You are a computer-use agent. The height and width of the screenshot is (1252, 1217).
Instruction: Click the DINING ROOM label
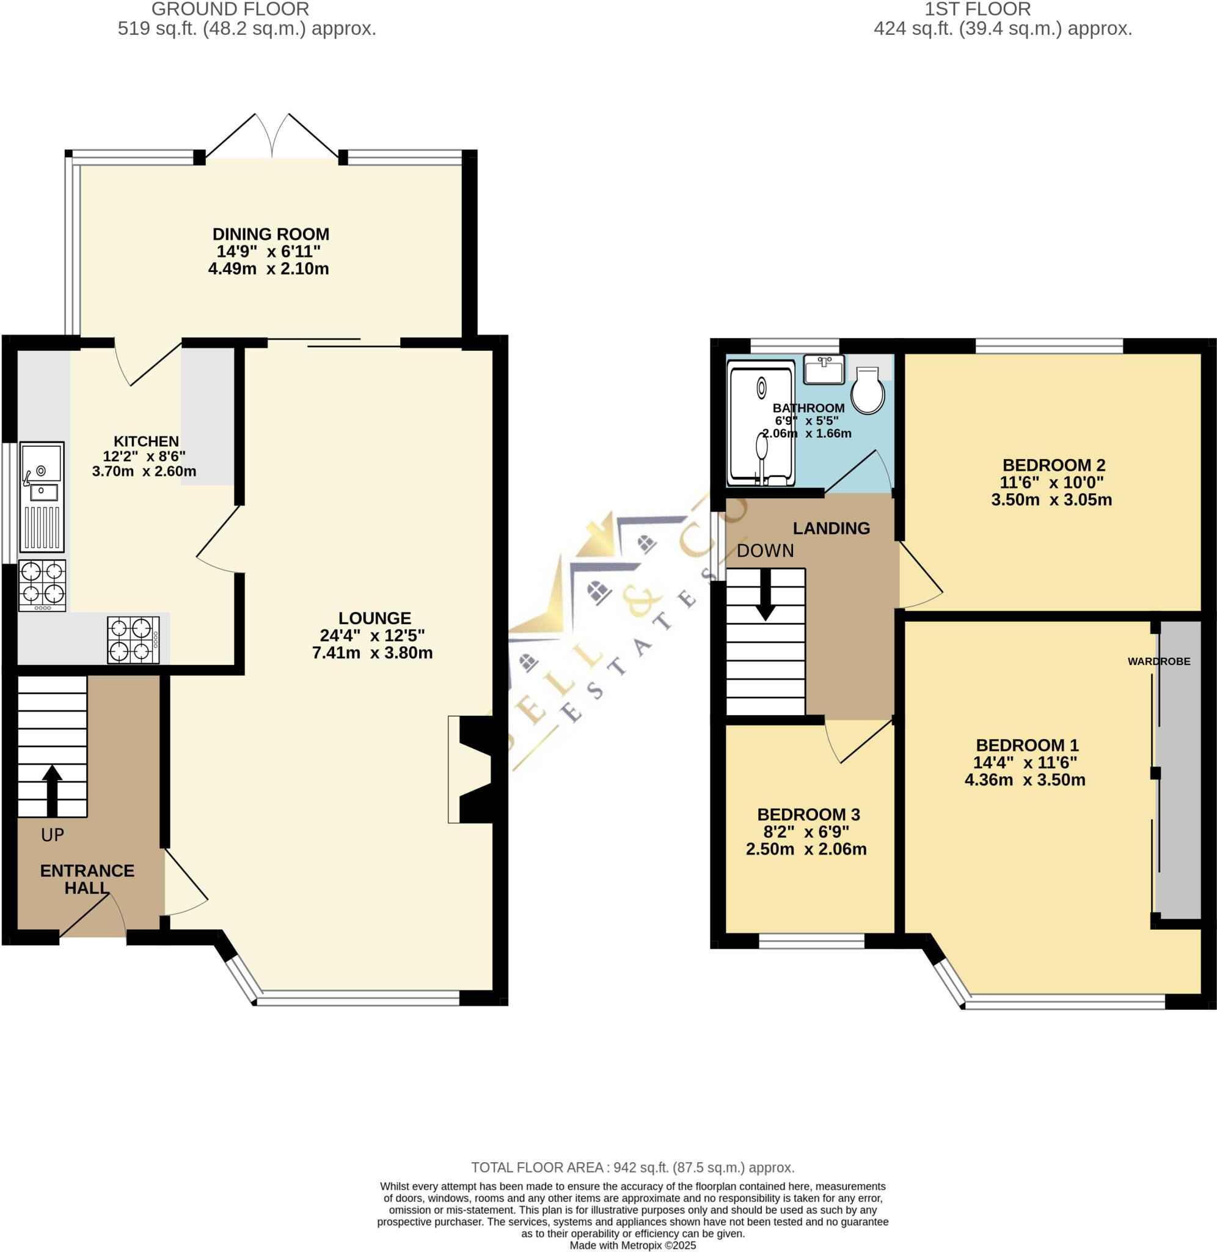[271, 234]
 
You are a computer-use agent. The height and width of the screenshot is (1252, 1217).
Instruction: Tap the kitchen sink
[42, 496]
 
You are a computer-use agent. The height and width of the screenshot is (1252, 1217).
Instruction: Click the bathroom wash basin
[824, 370]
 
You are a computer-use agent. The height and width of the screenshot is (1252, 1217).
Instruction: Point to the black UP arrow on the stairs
[53, 790]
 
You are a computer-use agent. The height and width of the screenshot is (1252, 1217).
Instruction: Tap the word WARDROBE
[1158, 661]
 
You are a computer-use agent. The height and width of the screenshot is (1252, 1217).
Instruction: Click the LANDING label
[831, 528]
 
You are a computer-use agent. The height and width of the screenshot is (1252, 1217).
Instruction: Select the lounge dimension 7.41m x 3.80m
[372, 653]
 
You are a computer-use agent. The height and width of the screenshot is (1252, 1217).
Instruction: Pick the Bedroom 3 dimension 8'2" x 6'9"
[806, 832]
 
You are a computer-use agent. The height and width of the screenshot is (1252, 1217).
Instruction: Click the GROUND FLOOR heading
[230, 9]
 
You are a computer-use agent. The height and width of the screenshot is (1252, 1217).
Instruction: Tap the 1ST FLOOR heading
[978, 9]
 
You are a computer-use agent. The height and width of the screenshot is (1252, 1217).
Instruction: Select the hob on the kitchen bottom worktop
[133, 639]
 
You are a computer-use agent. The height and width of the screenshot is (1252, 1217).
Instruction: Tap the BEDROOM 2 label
[1053, 465]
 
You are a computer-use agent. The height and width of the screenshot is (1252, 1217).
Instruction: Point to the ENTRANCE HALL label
[87, 878]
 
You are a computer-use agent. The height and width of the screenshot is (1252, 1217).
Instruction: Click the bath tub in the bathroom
[761, 422]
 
